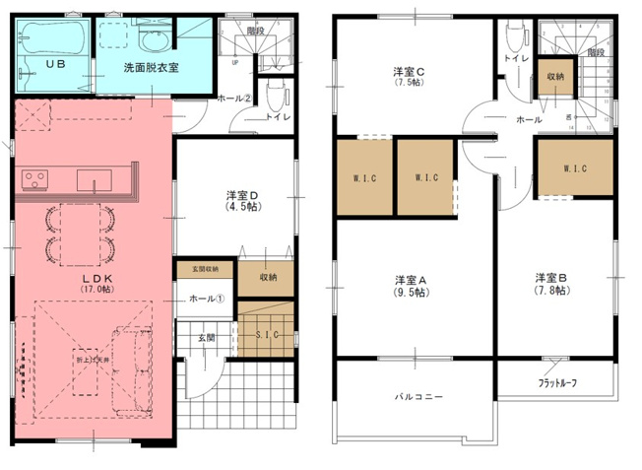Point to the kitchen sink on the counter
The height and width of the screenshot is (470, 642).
(x=95, y=180)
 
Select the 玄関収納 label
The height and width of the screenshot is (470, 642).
(x=205, y=269)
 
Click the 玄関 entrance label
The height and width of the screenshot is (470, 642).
(x=206, y=338)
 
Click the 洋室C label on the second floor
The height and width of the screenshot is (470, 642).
(x=409, y=72)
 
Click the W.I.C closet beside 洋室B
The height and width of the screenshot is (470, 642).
(x=574, y=168)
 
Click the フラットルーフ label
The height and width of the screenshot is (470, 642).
(x=557, y=382)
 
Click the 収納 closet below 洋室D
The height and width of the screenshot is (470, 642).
(x=268, y=279)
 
